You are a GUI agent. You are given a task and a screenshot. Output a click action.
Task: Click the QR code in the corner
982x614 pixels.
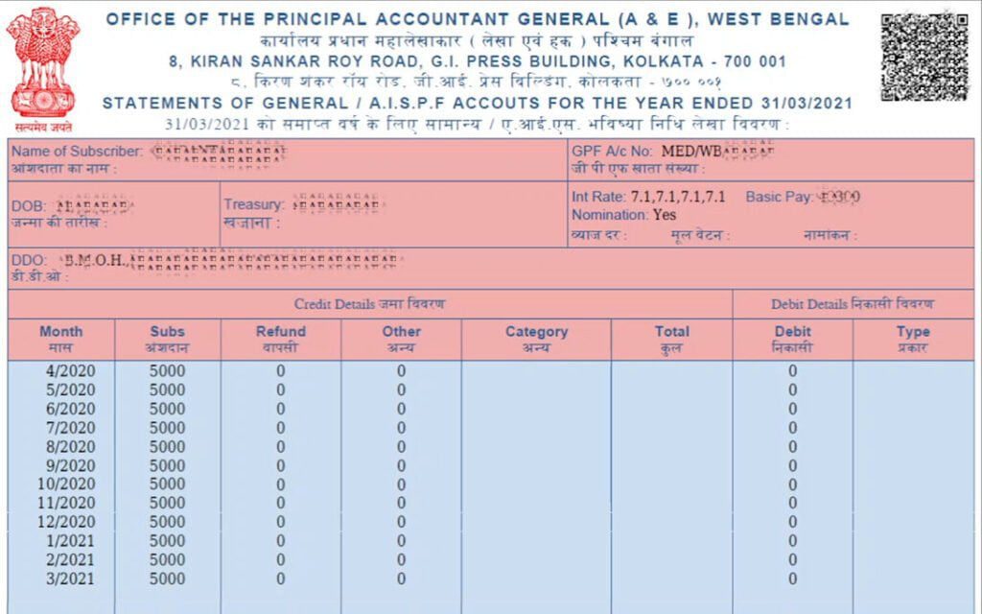924,57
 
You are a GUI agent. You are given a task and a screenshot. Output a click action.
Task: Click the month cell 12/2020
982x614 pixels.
61,522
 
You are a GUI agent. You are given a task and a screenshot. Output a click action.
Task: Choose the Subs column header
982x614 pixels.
167,339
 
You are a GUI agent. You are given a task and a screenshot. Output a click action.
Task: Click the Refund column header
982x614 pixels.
280,339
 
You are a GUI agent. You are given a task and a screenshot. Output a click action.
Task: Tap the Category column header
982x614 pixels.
536,339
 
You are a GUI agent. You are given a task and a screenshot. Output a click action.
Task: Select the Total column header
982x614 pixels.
671,339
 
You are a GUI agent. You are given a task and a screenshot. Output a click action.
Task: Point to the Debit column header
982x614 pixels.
792,339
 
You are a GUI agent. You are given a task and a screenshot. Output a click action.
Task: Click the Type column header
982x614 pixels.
913,339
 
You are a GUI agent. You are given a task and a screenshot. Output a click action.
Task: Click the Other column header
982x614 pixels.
401,339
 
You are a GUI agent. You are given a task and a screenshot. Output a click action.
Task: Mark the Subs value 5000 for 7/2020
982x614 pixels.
167,428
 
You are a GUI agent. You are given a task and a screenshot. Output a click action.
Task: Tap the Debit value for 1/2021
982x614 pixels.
792,541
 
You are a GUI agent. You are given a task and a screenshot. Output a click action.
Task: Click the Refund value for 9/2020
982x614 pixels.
280,465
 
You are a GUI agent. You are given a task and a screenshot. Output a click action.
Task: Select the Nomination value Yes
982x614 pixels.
665,215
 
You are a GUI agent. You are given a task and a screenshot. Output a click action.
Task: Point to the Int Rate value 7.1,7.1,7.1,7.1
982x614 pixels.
678,197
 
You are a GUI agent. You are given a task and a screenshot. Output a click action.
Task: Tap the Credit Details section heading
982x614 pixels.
369,304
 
